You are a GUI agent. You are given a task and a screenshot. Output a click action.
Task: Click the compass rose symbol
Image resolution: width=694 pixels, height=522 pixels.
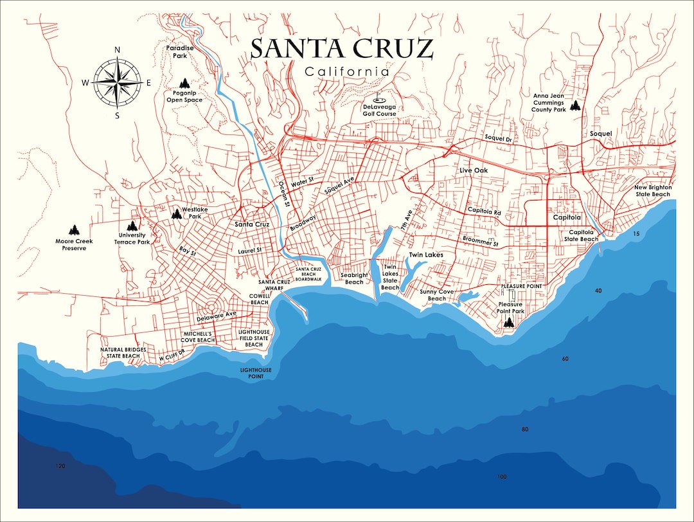[x=117, y=82]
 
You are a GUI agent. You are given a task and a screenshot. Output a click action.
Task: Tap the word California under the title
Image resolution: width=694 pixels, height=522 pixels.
[x=347, y=71]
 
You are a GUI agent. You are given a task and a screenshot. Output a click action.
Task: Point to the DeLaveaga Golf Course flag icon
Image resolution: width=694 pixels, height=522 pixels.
[x=379, y=100]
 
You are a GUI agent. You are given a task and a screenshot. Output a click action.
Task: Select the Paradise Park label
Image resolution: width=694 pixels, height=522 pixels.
[x=179, y=51]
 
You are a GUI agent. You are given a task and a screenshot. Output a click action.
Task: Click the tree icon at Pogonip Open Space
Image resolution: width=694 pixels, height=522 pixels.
[x=184, y=83]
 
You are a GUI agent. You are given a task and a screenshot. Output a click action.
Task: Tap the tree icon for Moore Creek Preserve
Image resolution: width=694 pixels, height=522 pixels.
[x=74, y=230]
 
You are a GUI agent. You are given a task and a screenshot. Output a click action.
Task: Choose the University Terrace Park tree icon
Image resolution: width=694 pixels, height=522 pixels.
[x=132, y=226]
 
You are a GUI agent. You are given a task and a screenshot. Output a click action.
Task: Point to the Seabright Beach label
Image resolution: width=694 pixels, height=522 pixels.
[x=354, y=278]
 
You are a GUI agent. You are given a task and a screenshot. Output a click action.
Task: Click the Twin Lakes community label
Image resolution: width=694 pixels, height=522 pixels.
[x=426, y=255]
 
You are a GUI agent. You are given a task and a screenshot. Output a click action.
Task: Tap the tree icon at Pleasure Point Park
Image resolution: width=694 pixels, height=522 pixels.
[x=509, y=322]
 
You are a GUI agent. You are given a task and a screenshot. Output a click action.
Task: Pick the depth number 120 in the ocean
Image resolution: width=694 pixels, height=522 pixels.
[x=61, y=465]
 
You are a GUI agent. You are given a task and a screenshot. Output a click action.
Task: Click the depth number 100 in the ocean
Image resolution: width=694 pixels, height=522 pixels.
[x=502, y=476]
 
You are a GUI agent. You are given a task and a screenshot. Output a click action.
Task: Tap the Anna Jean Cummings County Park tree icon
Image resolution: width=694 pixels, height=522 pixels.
[x=575, y=105]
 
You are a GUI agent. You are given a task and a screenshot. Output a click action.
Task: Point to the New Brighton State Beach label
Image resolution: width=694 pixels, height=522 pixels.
[x=652, y=190]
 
